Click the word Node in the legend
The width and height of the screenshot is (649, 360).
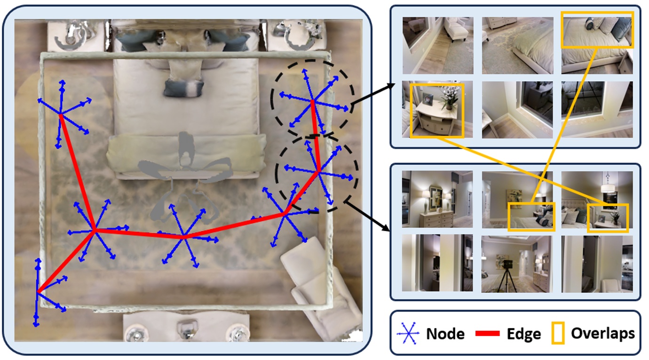point(445,334)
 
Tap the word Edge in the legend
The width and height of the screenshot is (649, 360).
point(523,334)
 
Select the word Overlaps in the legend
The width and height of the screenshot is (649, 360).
point(602,333)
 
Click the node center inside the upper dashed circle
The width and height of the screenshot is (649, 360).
point(312,100)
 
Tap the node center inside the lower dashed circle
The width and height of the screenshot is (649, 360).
point(318,170)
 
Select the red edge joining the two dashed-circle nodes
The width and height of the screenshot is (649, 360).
point(316,136)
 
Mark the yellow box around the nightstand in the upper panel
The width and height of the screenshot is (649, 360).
point(437,111)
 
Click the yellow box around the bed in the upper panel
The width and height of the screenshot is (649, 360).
point(597,30)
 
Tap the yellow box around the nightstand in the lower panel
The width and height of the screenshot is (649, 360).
point(608,218)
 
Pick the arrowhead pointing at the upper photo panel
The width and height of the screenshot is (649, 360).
point(393,85)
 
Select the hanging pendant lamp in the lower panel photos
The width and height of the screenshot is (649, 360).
point(609,186)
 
